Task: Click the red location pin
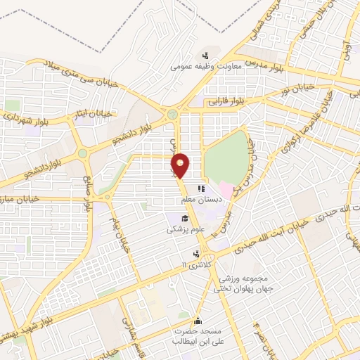pyautogui.click(x=181, y=165)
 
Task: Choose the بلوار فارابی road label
pyautogui.click(x=228, y=101)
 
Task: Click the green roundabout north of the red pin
pyautogui.click(x=172, y=114)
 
